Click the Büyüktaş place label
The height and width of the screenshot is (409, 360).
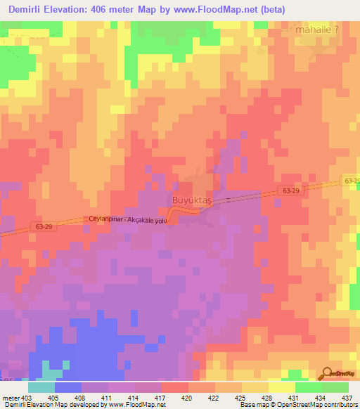tap(191, 200)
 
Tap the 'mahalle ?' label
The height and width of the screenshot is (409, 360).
tap(319, 30)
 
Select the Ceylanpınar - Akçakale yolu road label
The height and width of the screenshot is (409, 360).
tap(127, 219)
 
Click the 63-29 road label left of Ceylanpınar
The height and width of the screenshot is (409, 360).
tap(44, 226)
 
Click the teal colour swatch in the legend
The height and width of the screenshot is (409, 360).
tap(41, 387)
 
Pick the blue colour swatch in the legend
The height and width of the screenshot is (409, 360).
tap(68, 387)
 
